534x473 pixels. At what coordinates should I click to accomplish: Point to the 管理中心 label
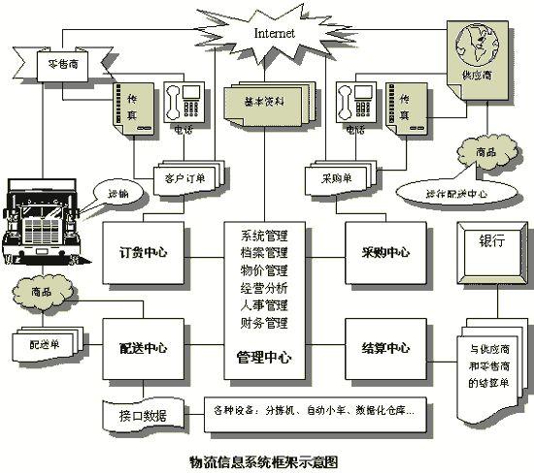[x=264, y=356]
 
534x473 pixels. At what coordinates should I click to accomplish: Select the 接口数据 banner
[x=143, y=416]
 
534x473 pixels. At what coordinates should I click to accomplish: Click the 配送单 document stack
[x=45, y=343]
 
